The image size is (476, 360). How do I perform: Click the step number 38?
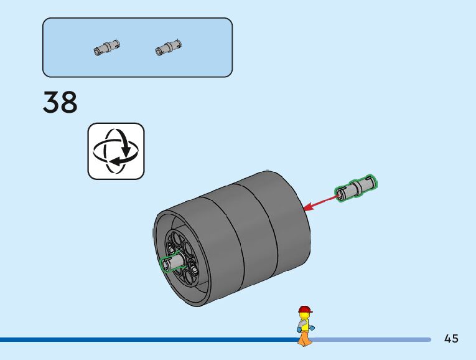60,103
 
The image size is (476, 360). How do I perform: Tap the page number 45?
452,339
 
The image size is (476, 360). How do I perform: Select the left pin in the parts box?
106,47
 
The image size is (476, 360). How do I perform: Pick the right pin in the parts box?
168,47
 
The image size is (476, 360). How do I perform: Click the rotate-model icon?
116,151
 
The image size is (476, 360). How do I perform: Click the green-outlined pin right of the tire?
356,188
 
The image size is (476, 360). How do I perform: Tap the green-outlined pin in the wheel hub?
172,263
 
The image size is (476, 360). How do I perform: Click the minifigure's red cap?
305,310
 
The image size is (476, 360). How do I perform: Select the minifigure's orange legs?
304,338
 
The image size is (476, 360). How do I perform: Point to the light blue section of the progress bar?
373,339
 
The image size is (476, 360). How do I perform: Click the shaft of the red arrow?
324,201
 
